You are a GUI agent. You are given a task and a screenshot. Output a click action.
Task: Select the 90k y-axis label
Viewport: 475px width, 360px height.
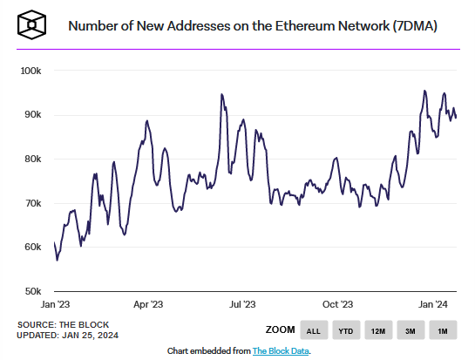[33, 115]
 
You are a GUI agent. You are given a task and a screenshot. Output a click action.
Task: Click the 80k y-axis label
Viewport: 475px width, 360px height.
[33, 159]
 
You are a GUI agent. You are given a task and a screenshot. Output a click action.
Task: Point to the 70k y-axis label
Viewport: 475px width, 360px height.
[33, 203]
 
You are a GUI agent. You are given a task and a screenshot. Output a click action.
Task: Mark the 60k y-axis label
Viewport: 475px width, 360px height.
[33, 248]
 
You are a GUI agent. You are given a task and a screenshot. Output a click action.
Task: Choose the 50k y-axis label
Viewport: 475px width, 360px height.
[33, 291]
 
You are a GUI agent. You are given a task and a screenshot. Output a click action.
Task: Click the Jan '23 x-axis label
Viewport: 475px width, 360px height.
[57, 304]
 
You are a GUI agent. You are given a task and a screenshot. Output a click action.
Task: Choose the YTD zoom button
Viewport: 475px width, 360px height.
[345, 330]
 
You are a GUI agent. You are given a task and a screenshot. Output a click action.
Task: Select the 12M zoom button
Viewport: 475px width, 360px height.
[378, 330]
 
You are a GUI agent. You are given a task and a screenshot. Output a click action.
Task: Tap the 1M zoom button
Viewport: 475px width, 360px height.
[443, 330]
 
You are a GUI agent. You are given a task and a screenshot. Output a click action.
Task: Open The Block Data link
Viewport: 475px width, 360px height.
[281, 350]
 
